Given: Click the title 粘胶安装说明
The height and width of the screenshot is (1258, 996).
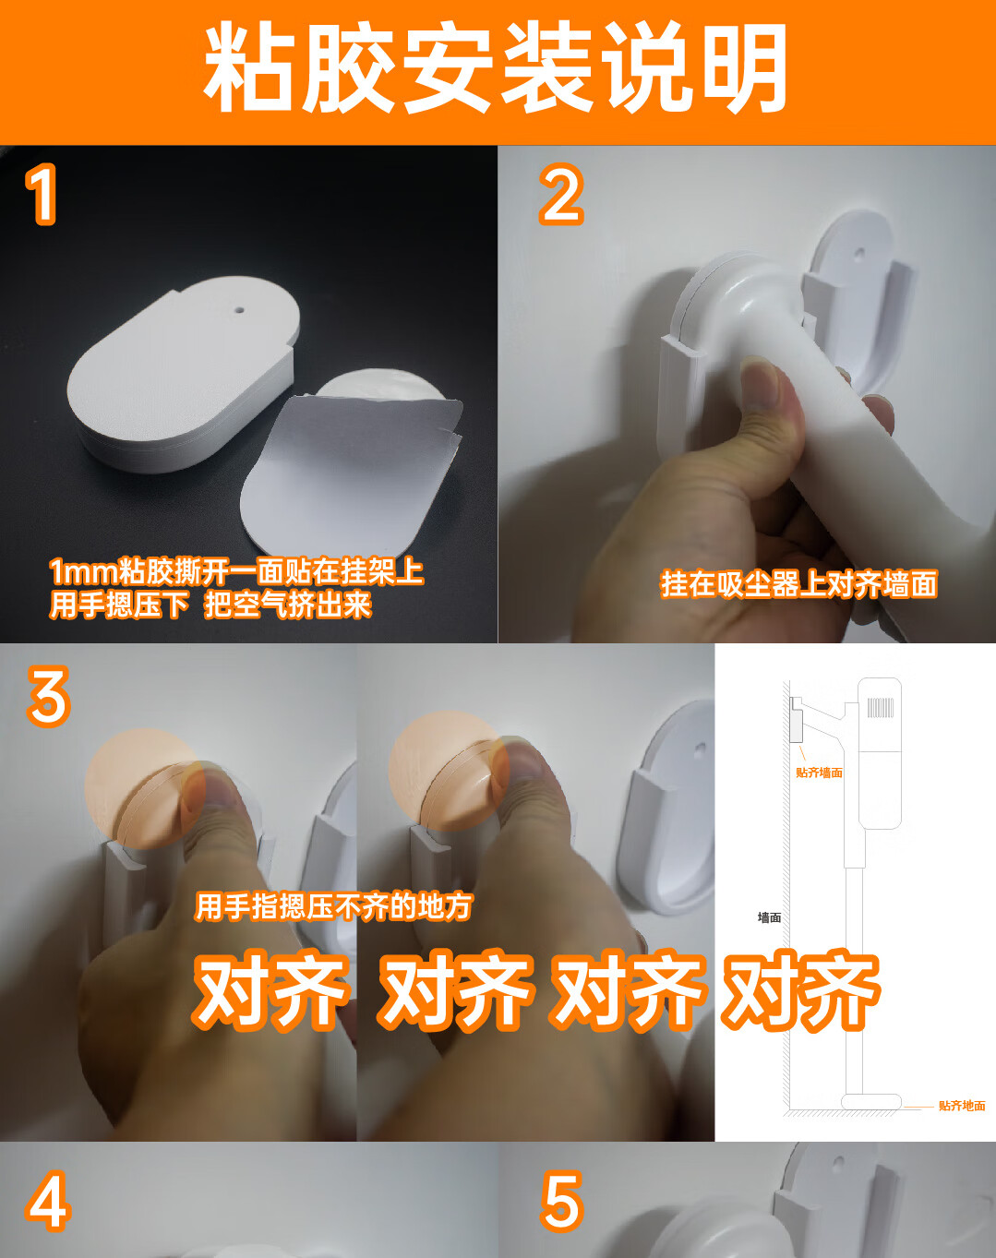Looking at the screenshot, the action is pyautogui.click(x=496, y=67).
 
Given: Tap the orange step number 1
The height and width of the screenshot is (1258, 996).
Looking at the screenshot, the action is pyautogui.click(x=41, y=194).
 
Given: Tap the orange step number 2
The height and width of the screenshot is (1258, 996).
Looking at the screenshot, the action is pyautogui.click(x=561, y=194).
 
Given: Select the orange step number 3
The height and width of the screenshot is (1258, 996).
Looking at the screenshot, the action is pyautogui.click(x=49, y=696).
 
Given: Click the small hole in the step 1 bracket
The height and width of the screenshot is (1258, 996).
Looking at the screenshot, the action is pyautogui.click(x=239, y=307).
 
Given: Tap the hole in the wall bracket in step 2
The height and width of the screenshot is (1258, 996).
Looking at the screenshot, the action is pyautogui.click(x=859, y=255).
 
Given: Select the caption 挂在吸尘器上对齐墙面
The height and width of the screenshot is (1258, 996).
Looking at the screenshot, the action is pyautogui.click(x=798, y=583).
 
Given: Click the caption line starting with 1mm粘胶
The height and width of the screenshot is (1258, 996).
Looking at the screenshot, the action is pyautogui.click(x=236, y=571).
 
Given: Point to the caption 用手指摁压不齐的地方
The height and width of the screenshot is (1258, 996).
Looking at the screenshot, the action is pyautogui.click(x=333, y=906).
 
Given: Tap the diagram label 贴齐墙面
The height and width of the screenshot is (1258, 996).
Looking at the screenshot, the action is pyautogui.click(x=819, y=773).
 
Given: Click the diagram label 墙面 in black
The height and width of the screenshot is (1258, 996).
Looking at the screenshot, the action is pyautogui.click(x=770, y=917).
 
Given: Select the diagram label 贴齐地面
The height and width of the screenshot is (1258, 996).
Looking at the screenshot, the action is pyautogui.click(x=962, y=1106).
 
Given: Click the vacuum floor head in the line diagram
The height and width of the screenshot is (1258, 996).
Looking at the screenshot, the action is pyautogui.click(x=871, y=1101).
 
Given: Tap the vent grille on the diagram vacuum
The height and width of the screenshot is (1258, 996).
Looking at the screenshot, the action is pyautogui.click(x=881, y=707).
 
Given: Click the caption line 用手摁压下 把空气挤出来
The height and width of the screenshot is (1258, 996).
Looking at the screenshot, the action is pyautogui.click(x=210, y=605).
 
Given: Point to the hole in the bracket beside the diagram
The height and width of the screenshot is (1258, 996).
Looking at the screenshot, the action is pyautogui.click(x=702, y=747).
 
